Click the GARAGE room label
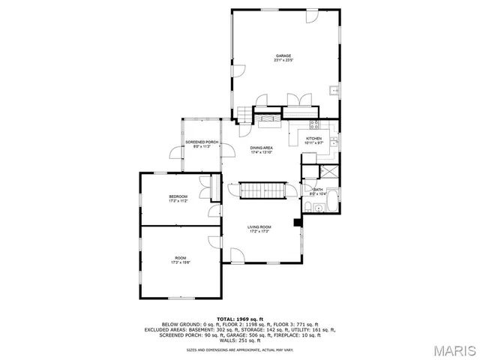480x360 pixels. [x=283, y=55]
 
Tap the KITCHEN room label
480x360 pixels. [x=313, y=138]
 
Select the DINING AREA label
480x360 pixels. [x=261, y=148]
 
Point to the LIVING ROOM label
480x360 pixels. [x=259, y=226]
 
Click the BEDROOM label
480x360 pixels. [x=178, y=196]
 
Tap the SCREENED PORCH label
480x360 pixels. [x=196, y=142]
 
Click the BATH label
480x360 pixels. [x=318, y=190]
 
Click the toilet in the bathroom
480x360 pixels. [x=309, y=208]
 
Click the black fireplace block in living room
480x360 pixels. [x=298, y=221]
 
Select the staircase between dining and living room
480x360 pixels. [x=263, y=190]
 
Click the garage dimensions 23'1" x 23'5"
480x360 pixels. [x=283, y=60]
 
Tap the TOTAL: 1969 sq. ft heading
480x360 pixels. [x=239, y=319]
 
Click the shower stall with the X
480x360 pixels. [x=331, y=172]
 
